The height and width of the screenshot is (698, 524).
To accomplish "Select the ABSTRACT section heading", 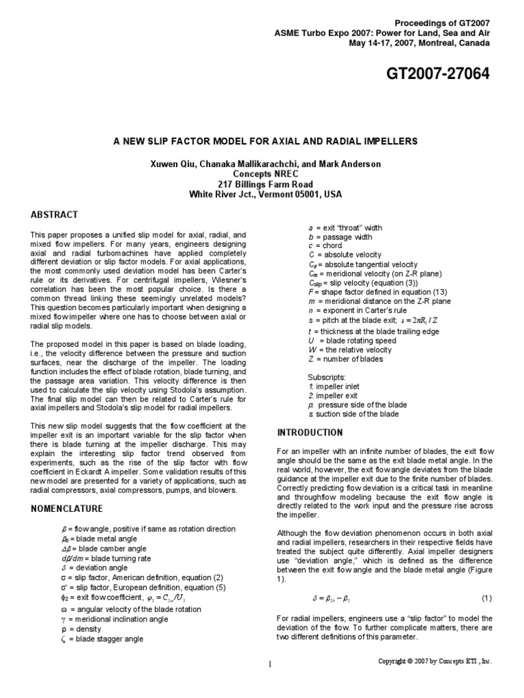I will pos(54,214).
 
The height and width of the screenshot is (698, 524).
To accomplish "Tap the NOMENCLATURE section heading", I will pos(67,509).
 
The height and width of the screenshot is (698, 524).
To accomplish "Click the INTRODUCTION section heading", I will pos(310,432).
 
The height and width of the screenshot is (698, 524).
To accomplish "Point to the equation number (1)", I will pos(486,598).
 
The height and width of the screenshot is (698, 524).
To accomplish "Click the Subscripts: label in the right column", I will pos(326,376).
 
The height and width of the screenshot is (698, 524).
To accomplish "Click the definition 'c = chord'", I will pos(325,245).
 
